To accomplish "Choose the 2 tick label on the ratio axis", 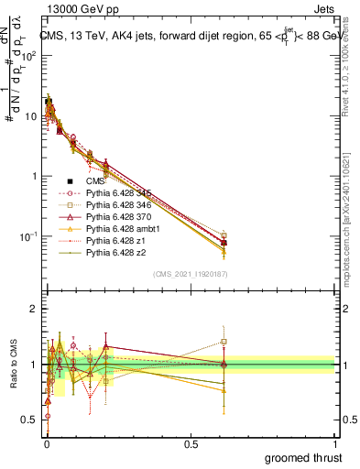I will click(35, 309).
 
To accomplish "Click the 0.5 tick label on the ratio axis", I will click(31, 420).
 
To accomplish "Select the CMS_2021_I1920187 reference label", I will click(190, 275).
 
